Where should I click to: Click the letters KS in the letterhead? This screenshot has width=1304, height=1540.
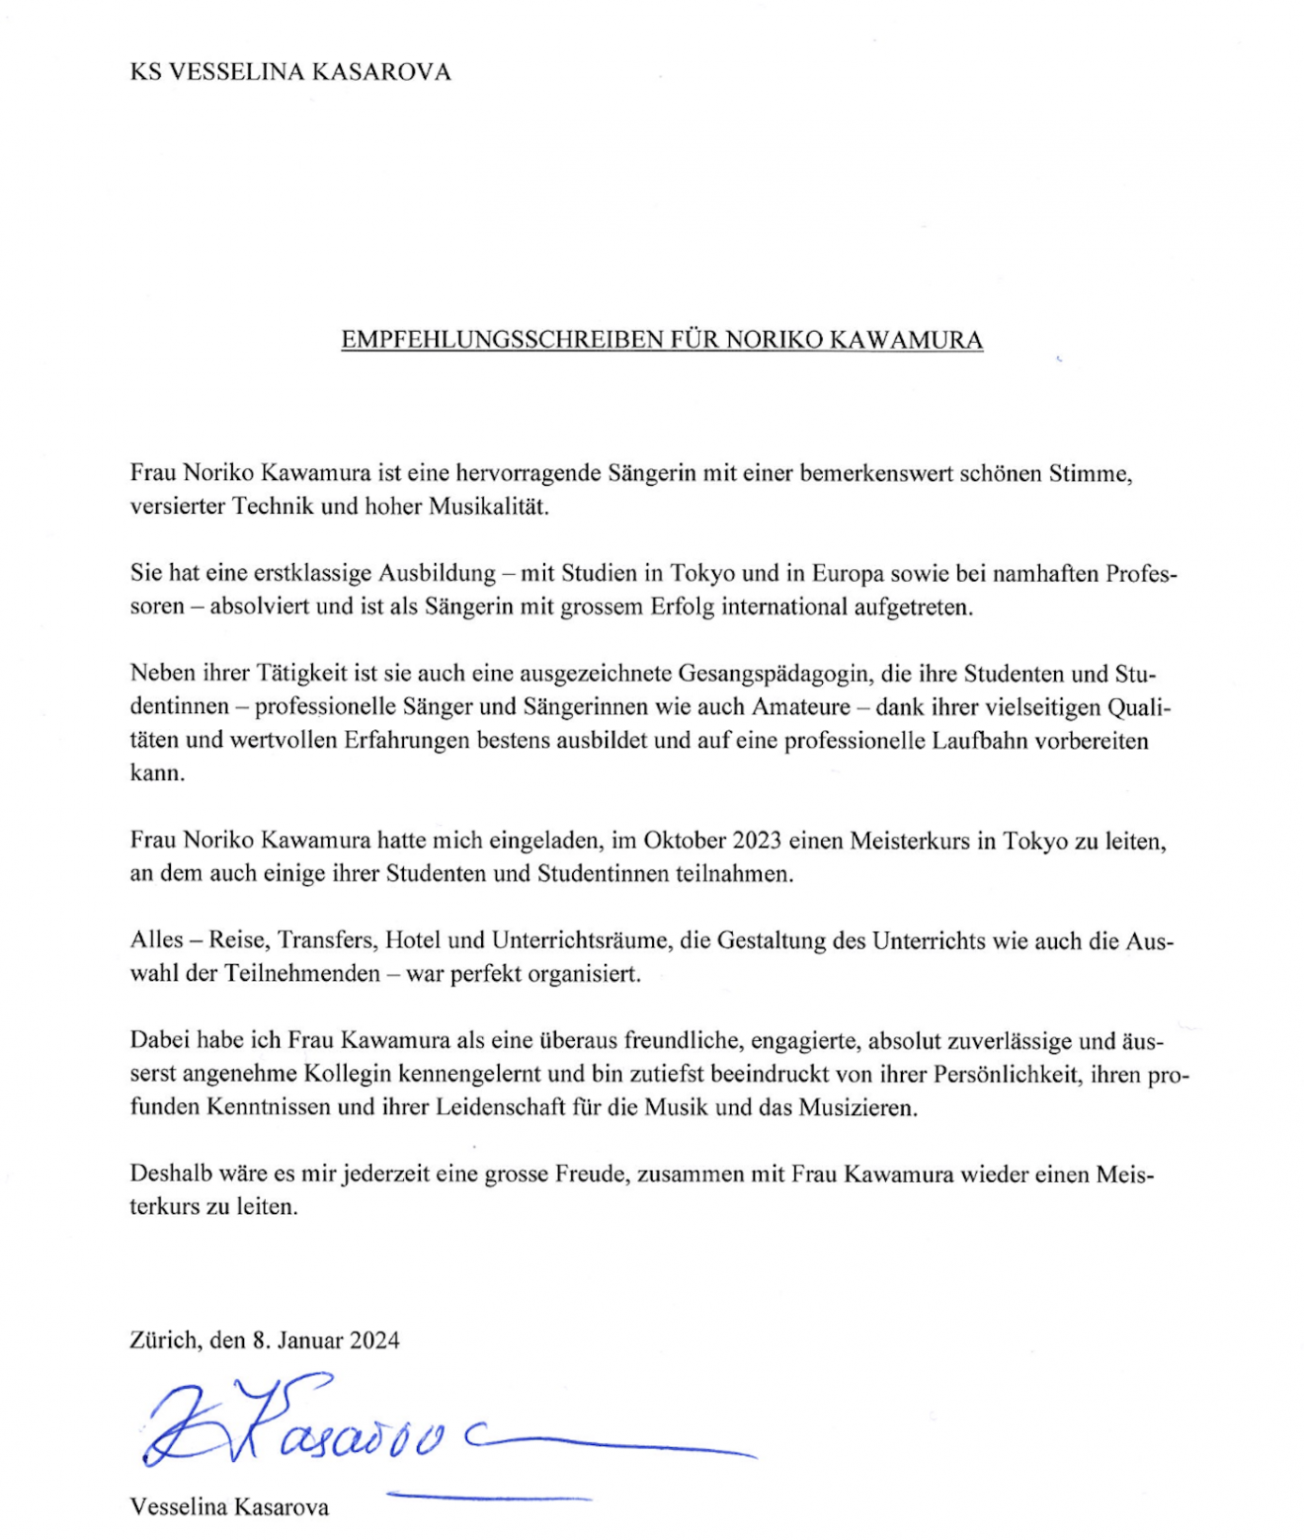tap(145, 72)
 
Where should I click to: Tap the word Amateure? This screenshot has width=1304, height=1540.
tap(801, 707)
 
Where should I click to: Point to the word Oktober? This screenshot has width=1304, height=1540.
tap(685, 841)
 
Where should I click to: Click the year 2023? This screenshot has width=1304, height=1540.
tap(757, 841)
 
